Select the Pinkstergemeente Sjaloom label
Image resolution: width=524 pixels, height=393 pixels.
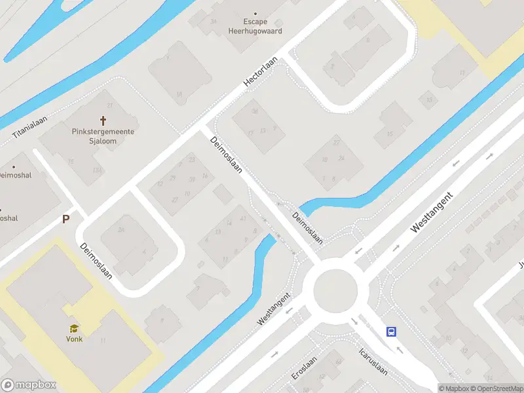(x=103, y=136)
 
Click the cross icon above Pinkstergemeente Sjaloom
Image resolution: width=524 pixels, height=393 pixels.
(x=103, y=121)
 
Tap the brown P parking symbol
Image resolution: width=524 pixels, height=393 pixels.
(x=65, y=219)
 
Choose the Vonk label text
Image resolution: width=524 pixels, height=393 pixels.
(x=74, y=339)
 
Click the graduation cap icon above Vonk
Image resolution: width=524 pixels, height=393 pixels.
(x=74, y=328)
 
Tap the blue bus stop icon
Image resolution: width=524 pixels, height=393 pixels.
(x=392, y=331)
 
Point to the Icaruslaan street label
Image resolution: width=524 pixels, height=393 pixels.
(x=373, y=361)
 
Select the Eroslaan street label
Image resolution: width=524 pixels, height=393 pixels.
(x=305, y=368)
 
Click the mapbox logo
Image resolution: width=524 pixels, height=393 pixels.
(x=29, y=385)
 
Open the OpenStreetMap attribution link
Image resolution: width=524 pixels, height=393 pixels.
(x=496, y=388)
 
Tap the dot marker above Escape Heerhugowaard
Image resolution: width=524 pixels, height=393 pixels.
(x=255, y=12)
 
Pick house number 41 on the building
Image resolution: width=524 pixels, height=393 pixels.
(x=243, y=218)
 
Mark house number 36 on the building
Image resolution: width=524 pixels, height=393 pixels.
(x=255, y=111)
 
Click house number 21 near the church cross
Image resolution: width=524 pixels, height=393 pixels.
(x=110, y=106)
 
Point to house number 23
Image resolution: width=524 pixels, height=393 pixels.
(x=191, y=159)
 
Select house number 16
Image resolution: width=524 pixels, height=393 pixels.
(x=205, y=176)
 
